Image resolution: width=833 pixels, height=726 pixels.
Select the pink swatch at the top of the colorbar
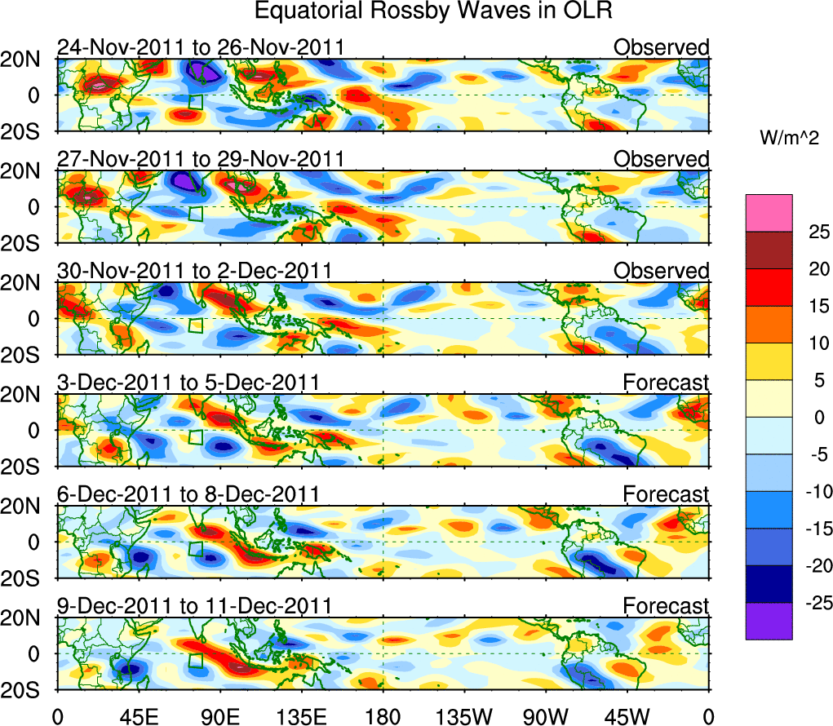(x=768, y=213)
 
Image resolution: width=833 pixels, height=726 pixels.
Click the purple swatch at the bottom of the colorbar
(x=768, y=621)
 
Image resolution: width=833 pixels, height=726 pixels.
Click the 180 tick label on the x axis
(x=383, y=716)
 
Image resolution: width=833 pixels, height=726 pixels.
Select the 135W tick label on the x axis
(x=464, y=716)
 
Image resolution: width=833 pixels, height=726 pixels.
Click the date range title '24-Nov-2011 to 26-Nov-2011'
(x=200, y=47)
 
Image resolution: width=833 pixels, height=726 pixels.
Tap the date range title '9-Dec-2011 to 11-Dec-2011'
(x=194, y=605)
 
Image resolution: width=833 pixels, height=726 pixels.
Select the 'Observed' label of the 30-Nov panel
(x=662, y=271)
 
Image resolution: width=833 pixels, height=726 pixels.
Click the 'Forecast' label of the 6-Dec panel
(x=666, y=494)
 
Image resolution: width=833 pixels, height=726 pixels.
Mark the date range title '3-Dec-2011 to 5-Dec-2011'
(x=188, y=382)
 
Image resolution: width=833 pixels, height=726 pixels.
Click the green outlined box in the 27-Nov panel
(x=195, y=214)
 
